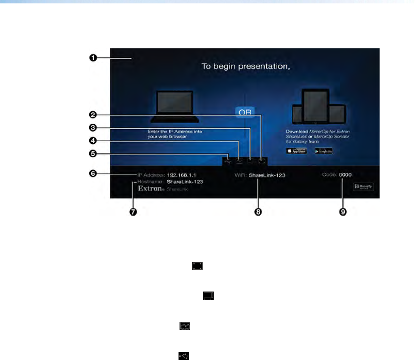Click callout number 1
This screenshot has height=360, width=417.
pyautogui.click(x=93, y=58)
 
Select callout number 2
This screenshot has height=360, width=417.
pyautogui.click(x=93, y=115)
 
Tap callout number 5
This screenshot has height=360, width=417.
pyautogui.click(x=93, y=154)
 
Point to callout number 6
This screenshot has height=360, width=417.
pyautogui.click(x=93, y=173)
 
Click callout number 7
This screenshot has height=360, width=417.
pyautogui.click(x=133, y=212)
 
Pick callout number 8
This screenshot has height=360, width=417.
pyautogui.click(x=258, y=212)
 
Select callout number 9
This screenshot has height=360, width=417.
pyautogui.click(x=343, y=212)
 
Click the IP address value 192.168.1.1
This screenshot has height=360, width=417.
pyautogui.click(x=181, y=175)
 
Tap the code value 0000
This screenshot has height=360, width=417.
pyautogui.click(x=345, y=175)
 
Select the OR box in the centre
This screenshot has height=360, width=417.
pyautogui.click(x=245, y=112)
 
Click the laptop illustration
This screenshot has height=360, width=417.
pyautogui.click(x=175, y=107)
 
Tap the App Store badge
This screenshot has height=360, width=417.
pyautogui.click(x=296, y=151)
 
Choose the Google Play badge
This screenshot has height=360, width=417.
pyautogui.click(x=323, y=151)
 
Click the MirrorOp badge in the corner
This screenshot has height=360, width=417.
pyautogui.click(x=363, y=187)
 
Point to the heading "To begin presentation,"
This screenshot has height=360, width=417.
pyautogui.click(x=246, y=66)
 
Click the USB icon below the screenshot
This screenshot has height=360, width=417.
pyautogui.click(x=184, y=356)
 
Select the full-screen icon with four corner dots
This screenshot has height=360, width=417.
pyautogui.click(x=197, y=266)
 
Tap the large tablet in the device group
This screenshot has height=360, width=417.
pyautogui.click(x=315, y=107)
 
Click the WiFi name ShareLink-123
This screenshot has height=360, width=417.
pyautogui.click(x=267, y=175)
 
